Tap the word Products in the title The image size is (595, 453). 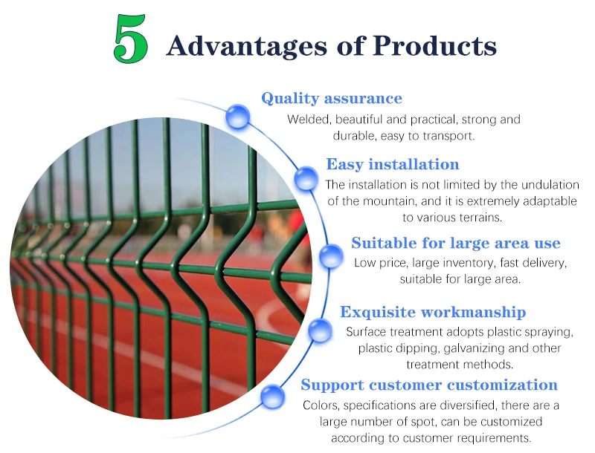(x=434, y=46)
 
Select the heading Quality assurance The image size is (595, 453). (x=332, y=98)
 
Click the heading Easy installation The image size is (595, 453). (x=393, y=164)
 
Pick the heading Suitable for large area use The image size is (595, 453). (x=456, y=243)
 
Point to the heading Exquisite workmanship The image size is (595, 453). (x=433, y=312)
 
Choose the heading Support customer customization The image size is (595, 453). (x=429, y=385)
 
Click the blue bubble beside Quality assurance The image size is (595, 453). (x=238, y=117)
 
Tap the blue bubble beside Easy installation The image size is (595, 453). (x=305, y=178)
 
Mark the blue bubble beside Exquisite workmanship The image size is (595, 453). (x=321, y=330)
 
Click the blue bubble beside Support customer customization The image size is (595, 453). (x=272, y=395)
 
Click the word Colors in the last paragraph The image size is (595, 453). (x=321, y=405)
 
